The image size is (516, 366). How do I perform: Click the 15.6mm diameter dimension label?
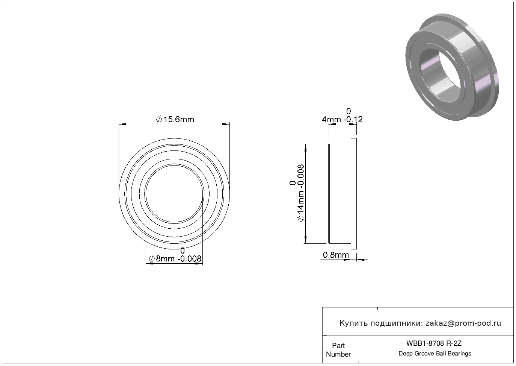(x=175, y=120)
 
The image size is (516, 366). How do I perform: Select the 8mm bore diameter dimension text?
(x=175, y=259)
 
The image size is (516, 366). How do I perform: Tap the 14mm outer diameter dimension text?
(x=300, y=193)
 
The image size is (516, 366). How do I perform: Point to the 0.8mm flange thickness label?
(x=336, y=255)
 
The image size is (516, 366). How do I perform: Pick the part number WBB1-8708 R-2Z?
(x=434, y=343)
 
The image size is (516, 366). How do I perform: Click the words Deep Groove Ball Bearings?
(x=435, y=353)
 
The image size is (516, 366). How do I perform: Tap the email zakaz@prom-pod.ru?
(x=463, y=323)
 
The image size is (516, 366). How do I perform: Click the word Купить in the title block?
(x=353, y=323)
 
